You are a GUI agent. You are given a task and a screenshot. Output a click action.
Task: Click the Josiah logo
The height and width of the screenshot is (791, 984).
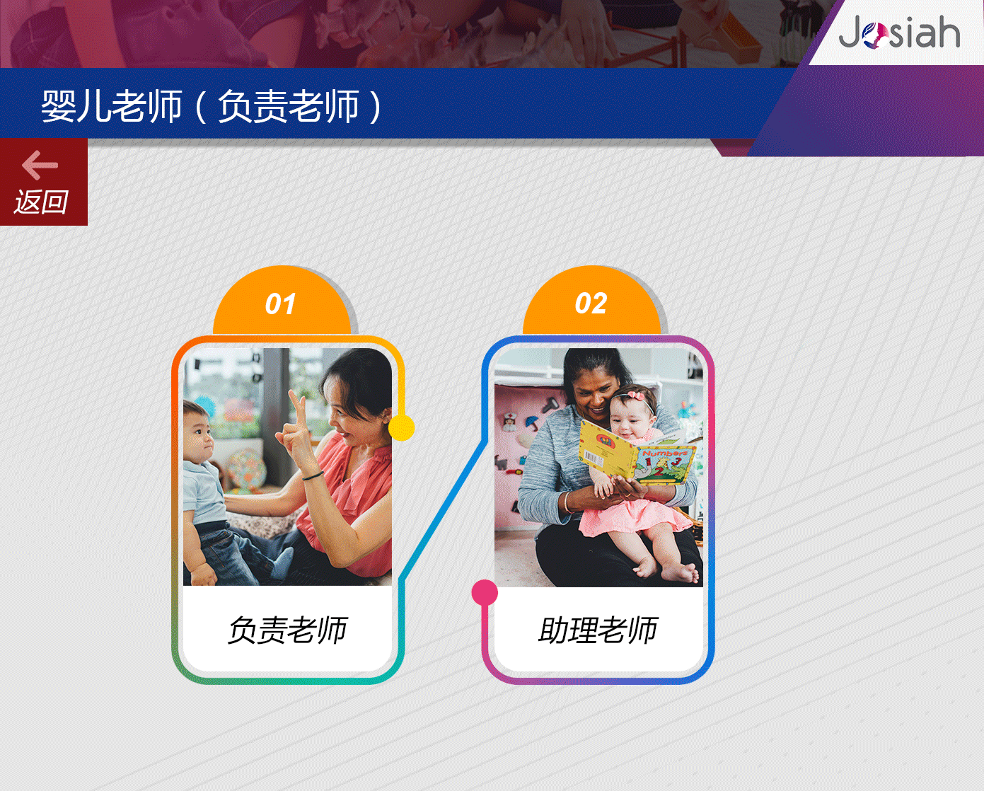pyautogui.click(x=899, y=32)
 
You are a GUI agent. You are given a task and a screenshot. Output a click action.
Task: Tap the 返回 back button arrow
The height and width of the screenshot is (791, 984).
pyautogui.click(x=40, y=165)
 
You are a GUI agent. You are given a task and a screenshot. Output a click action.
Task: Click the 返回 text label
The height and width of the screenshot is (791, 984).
pyautogui.click(x=41, y=202)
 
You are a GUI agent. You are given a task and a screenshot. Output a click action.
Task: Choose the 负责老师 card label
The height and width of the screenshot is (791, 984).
pyautogui.click(x=288, y=630)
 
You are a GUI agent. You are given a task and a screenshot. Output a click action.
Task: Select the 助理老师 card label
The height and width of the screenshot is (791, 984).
pyautogui.click(x=598, y=630)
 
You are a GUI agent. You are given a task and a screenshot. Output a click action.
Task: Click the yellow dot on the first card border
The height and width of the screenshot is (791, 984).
pyautogui.click(x=402, y=428)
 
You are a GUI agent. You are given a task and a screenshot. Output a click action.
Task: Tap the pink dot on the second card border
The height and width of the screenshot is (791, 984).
pyautogui.click(x=485, y=593)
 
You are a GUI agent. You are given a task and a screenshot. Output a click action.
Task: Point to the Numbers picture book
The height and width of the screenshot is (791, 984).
pyautogui.click(x=637, y=451)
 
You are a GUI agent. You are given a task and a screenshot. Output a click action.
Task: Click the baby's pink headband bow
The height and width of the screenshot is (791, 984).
pyautogui.click(x=636, y=394)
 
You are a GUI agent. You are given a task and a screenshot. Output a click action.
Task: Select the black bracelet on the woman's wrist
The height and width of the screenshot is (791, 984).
pyautogui.click(x=313, y=476)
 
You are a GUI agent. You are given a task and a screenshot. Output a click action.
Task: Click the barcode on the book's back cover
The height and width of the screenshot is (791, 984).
pyautogui.click(x=593, y=458)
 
